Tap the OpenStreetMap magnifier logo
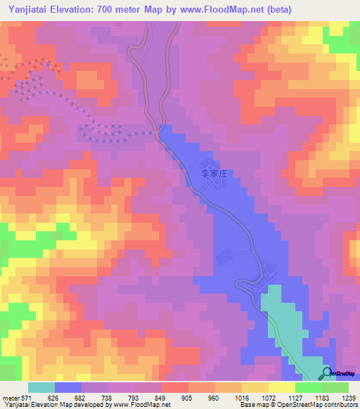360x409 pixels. tap(327, 373)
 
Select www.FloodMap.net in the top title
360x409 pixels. tap(223, 9)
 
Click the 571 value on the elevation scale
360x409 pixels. tap(25, 398)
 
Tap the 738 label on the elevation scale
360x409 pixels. tap(108, 398)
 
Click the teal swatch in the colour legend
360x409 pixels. tap(41, 387)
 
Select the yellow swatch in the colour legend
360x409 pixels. tap(281, 387)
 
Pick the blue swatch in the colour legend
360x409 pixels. tap(68, 387)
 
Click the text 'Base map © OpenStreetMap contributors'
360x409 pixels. tap(297, 405)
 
